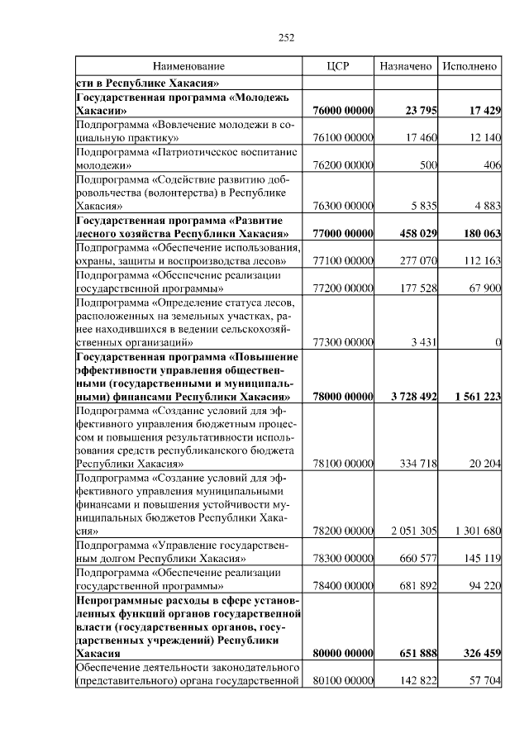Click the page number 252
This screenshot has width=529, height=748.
tap(287, 36)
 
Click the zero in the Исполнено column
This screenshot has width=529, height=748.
tap(498, 342)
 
